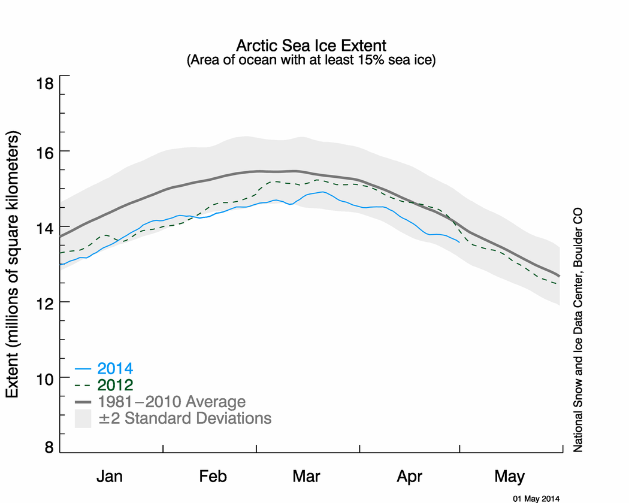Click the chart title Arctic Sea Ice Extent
pos(311,46)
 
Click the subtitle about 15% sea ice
pos(311,60)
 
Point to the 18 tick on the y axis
pos(44,83)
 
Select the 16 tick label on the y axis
pos(44,151)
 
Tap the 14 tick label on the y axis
pos(44,228)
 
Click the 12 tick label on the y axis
pos(44,302)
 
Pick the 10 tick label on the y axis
pos(44,378)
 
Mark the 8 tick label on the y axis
pos(49,447)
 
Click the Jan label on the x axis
pos(111,477)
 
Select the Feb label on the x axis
pos(213,477)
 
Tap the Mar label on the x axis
pos(307,477)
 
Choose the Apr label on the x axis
pos(410,477)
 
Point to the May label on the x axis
pos(510,477)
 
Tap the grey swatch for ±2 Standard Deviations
pos(83,419)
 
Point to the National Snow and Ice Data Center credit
pos(579,330)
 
